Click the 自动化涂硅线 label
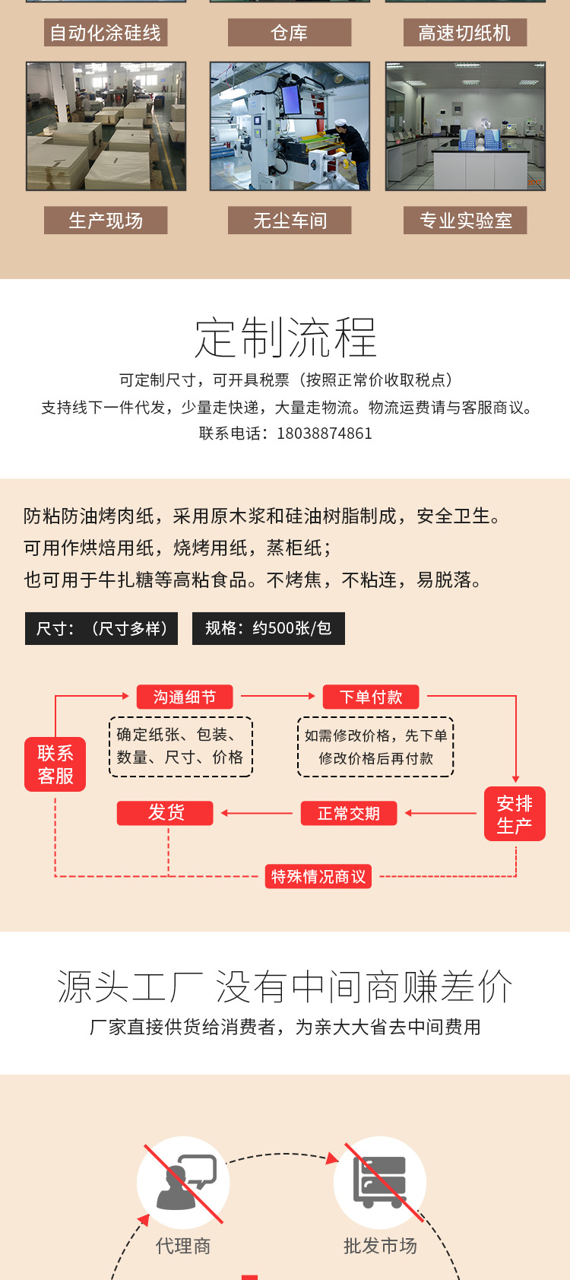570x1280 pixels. coord(106,33)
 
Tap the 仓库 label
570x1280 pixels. coord(290,33)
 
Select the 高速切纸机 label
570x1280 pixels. coord(464,33)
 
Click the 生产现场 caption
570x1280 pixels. coord(106,221)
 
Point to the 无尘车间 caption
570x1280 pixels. coord(290,221)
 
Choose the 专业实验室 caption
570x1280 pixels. coord(465,221)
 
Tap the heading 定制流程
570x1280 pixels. coord(286,338)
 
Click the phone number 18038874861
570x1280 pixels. coord(325,434)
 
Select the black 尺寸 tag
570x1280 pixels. coord(101,628)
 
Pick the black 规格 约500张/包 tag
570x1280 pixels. coord(268,628)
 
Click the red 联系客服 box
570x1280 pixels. coord(55,764)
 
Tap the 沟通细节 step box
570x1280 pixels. coord(184,697)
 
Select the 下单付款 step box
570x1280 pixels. coord(371,697)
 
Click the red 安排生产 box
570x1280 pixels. coord(515,814)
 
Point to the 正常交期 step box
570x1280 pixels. coord(348,813)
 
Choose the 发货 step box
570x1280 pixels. coord(166,812)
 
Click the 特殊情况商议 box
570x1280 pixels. coord(318,876)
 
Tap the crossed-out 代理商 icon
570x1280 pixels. coord(183,1182)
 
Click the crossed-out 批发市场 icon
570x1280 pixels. coord(380,1182)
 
